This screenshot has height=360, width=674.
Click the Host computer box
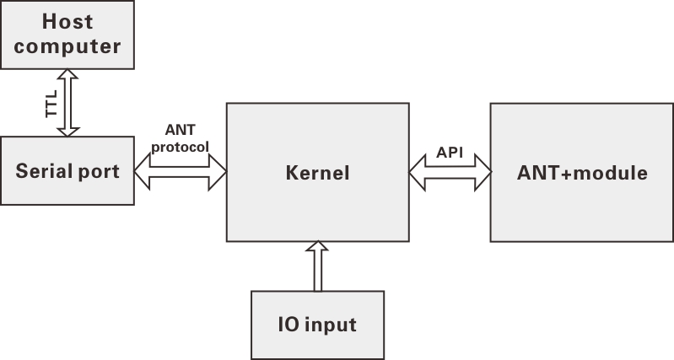point(67,35)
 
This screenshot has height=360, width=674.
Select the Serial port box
point(67,171)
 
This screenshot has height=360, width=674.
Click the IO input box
point(317,325)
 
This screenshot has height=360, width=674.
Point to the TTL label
point(48,103)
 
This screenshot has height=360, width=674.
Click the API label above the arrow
point(450,153)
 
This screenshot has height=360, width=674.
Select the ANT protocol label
point(180,137)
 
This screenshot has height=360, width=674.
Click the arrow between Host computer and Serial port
point(67,103)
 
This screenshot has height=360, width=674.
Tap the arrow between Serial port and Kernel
point(180,172)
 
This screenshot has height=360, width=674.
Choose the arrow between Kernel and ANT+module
point(450,172)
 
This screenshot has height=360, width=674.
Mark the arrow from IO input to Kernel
point(317,266)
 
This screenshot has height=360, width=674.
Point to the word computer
point(67,46)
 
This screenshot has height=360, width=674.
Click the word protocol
point(180,145)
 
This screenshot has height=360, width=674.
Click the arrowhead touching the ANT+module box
point(482,172)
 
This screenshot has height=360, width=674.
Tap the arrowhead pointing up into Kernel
point(317,248)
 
